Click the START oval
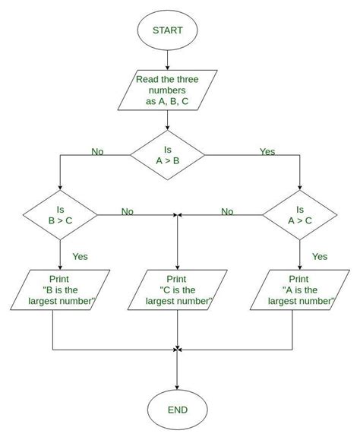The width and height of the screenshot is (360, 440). (x=166, y=33)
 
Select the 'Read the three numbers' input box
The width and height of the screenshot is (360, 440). (x=166, y=92)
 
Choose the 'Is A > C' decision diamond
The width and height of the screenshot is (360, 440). (x=299, y=216)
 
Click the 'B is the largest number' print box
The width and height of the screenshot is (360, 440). (x=59, y=290)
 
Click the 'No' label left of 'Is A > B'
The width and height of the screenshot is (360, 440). (x=97, y=152)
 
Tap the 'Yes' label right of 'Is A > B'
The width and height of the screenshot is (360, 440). (x=267, y=152)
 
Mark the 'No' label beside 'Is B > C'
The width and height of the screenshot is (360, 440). (x=127, y=211)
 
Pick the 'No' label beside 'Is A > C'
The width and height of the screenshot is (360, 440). (x=227, y=211)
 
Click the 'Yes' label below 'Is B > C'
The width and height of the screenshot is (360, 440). (x=80, y=257)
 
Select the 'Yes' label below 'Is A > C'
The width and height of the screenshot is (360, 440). (x=320, y=257)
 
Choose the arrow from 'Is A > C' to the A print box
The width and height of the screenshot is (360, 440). (x=299, y=255)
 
